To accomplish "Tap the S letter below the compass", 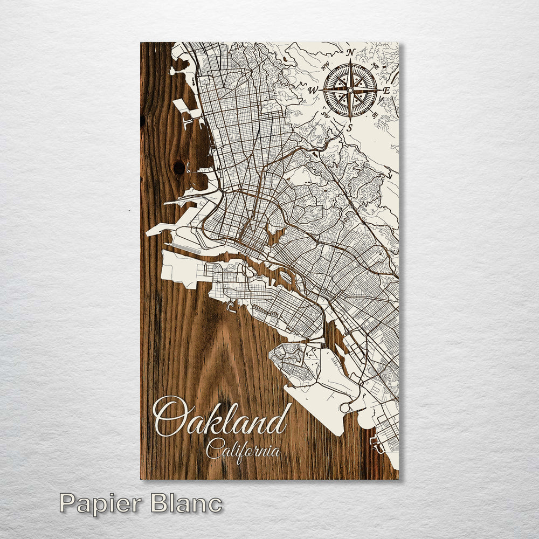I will [349, 127].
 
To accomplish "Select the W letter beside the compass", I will [313, 91].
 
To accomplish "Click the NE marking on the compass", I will [375, 64].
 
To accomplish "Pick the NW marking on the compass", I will [326, 67].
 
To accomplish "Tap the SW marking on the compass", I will [326, 114].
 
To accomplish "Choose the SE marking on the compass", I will [375, 114].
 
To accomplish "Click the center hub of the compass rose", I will [350, 89].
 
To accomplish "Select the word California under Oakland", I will [243, 448].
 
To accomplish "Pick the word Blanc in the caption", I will [186, 503].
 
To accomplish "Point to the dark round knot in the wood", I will [179, 168].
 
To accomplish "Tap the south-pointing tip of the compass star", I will [350, 120].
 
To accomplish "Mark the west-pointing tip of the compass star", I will [322, 90].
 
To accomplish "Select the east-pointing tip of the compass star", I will [379, 89].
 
